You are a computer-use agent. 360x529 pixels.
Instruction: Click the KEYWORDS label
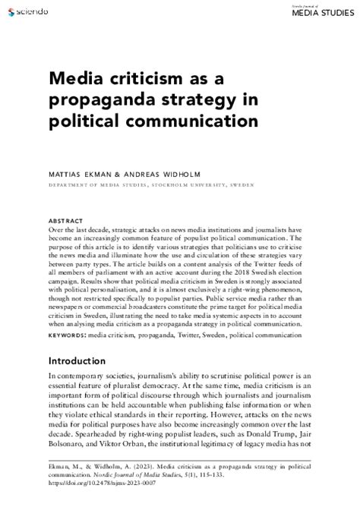tap(67, 334)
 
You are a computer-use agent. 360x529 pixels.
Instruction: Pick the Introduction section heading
tap(85, 361)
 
